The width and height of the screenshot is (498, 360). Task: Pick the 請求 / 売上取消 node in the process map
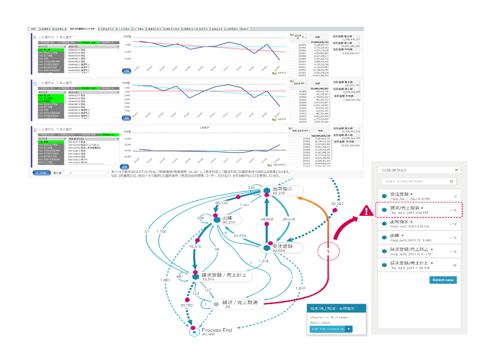click(237, 303)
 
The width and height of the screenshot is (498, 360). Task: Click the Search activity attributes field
click(416, 181)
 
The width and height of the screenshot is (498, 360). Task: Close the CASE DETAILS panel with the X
click(456, 170)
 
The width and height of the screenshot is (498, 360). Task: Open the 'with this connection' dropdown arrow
click(349, 329)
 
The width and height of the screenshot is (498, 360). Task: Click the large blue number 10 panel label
click(34, 37)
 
